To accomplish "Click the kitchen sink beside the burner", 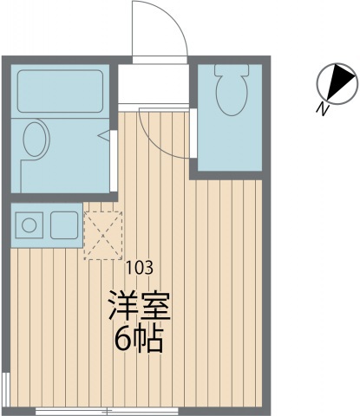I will (x=64, y=226).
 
